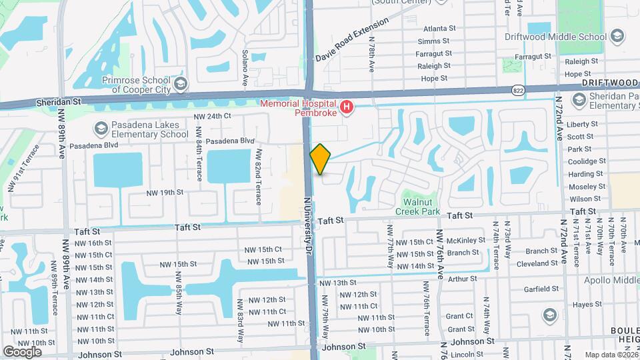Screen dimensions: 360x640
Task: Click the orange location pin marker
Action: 321,159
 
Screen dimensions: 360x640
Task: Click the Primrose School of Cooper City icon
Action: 180,83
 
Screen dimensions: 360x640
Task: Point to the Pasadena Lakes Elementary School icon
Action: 101,127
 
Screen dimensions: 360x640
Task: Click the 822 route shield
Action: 518,89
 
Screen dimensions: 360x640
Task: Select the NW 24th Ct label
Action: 212,116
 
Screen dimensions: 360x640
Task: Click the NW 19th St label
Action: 165,193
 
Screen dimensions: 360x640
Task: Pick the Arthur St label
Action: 463,279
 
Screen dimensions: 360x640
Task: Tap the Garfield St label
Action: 541,289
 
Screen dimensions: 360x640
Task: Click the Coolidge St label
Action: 586,161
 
